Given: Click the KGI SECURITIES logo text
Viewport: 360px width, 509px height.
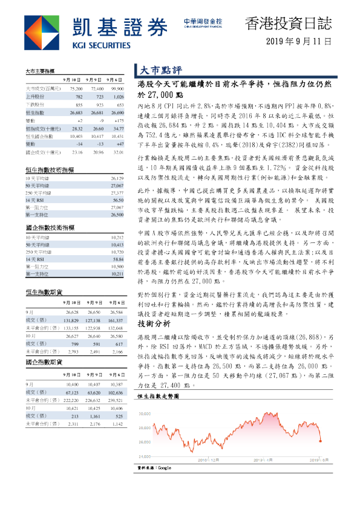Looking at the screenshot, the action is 100,44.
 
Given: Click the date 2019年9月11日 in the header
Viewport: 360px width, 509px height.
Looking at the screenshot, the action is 299,42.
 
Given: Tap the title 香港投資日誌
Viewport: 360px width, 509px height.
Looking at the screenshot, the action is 288,24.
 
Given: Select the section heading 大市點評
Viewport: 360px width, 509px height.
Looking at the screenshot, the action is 156,70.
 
